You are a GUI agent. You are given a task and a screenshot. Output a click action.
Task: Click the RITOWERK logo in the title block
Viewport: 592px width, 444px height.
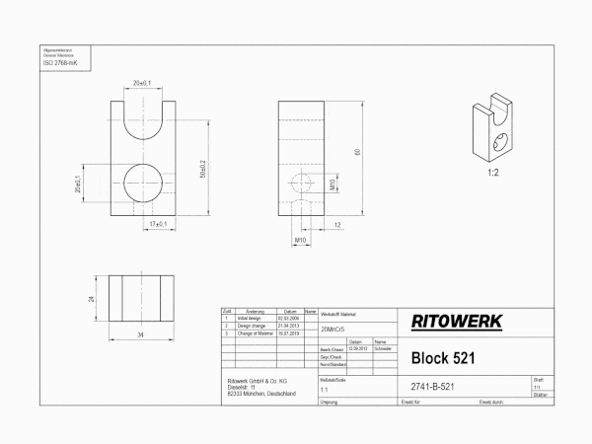click(456, 322)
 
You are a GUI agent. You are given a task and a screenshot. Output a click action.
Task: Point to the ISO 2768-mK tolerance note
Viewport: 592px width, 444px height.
click(59, 62)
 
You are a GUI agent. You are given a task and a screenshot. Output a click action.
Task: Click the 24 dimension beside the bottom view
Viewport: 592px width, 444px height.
click(92, 298)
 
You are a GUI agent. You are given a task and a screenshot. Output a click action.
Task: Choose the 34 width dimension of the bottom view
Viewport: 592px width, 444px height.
click(141, 335)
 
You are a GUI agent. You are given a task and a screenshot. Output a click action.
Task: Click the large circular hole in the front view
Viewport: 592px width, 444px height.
click(146, 184)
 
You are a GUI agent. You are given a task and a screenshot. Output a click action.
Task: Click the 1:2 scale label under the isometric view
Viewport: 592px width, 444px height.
click(491, 172)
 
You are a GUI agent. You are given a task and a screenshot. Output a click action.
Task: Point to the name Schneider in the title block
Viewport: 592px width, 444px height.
click(384, 349)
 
